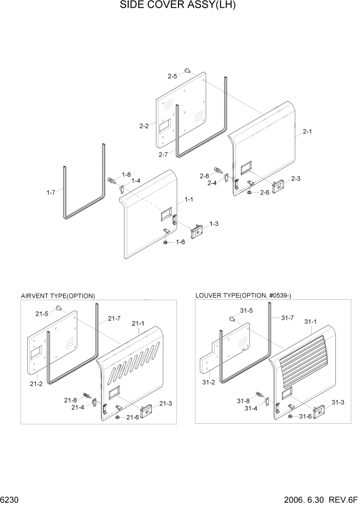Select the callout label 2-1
click(307, 132)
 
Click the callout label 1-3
click(214, 224)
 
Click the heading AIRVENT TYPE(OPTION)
click(57, 296)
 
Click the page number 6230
click(10, 499)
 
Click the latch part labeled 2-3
click(279, 186)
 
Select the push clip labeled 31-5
click(231, 319)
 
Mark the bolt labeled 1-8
click(110, 180)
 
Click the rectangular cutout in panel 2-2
click(165, 125)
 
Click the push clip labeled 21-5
click(59, 308)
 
